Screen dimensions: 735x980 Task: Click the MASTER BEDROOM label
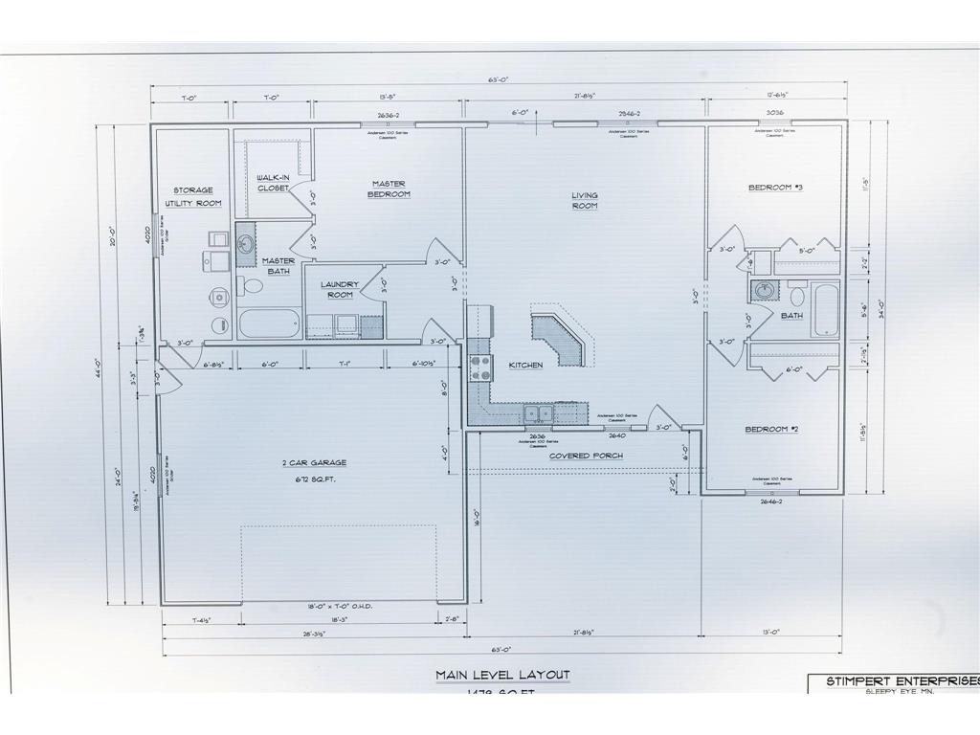tap(389, 189)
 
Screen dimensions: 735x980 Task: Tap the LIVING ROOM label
tap(585, 200)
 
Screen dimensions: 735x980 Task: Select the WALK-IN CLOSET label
tap(273, 182)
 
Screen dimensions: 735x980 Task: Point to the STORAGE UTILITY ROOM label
tap(193, 197)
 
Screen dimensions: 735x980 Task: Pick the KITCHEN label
tap(525, 365)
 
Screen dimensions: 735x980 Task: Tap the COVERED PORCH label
tap(586, 456)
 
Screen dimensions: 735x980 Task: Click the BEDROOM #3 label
tap(775, 188)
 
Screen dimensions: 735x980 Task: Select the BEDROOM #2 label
tap(771, 429)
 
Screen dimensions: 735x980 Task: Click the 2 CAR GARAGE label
tap(315, 468)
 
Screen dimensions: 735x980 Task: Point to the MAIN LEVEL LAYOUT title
tap(502, 675)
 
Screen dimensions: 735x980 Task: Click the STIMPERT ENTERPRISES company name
tap(890, 681)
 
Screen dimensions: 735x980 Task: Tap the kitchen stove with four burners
tap(479, 367)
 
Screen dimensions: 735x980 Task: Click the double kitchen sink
tap(538, 413)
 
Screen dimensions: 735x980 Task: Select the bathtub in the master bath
tap(270, 323)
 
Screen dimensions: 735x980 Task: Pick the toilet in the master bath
tap(252, 285)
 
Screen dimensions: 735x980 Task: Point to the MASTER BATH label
tap(278, 266)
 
